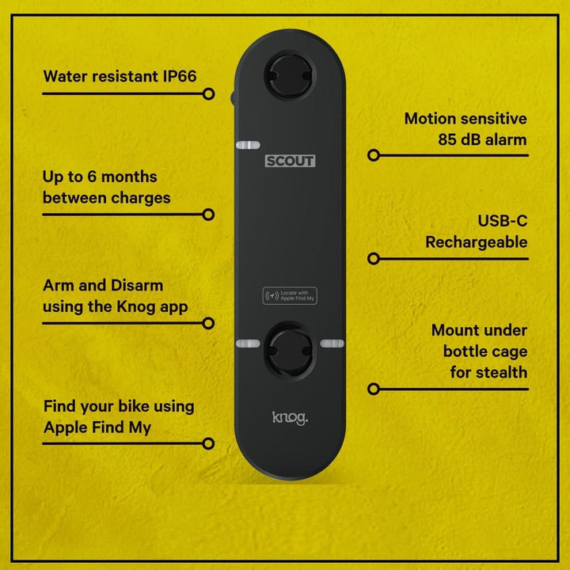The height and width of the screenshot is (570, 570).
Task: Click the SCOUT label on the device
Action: click(290, 161)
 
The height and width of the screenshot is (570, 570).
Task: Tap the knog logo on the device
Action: click(290, 417)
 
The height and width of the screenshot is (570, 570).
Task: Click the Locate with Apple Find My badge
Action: click(290, 296)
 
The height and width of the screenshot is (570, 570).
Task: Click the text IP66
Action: click(175, 77)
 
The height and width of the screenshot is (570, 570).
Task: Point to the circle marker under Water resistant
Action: click(208, 94)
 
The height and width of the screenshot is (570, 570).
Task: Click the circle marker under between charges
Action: click(208, 214)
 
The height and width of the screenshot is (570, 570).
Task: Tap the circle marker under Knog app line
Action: click(208, 323)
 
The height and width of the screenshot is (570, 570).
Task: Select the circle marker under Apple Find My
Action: click(208, 443)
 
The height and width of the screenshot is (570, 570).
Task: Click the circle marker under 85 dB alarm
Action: click(374, 155)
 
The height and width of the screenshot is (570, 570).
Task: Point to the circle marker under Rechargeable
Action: click(374, 258)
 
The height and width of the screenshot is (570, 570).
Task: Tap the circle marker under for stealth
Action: click(374, 389)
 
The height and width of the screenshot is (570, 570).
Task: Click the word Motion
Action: click(431, 119)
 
